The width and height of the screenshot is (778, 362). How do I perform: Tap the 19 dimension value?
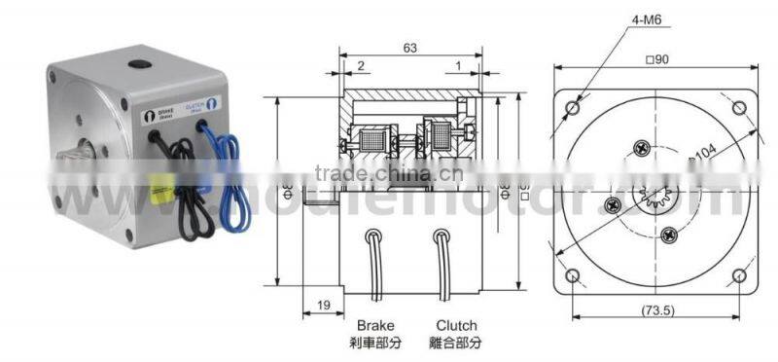[323, 305]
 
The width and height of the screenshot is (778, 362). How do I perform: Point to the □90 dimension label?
[655, 58]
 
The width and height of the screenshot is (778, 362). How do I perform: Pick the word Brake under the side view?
[375, 324]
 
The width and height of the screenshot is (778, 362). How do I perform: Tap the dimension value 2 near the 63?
[360, 65]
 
